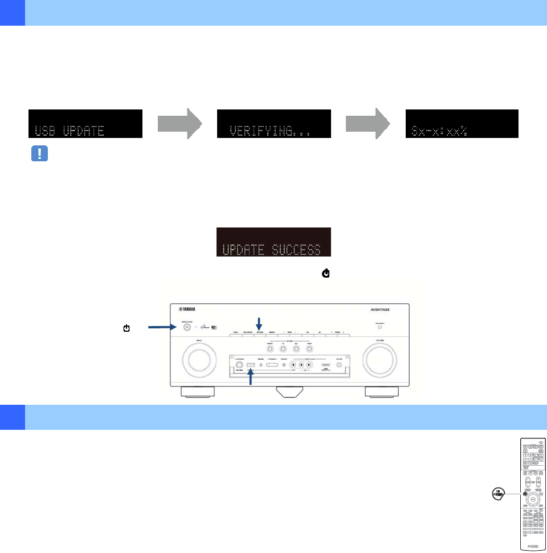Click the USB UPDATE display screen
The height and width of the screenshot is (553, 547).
pyautogui.click(x=85, y=123)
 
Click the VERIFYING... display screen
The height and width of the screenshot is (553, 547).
pyautogui.click(x=274, y=123)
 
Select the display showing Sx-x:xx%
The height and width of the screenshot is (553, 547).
pyautogui.click(x=462, y=123)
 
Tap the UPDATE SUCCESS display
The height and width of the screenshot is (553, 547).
pyautogui.click(x=274, y=242)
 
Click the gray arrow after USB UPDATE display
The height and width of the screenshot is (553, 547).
pyautogui.click(x=179, y=124)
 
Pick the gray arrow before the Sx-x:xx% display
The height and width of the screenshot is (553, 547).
pyautogui.click(x=368, y=124)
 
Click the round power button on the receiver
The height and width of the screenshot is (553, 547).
pyautogui.click(x=186, y=327)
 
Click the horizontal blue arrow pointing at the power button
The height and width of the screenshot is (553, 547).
pyautogui.click(x=162, y=327)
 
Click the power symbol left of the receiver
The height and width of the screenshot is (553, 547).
pyautogui.click(x=126, y=328)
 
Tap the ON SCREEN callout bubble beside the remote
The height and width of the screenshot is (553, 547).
pyautogui.click(x=499, y=494)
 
